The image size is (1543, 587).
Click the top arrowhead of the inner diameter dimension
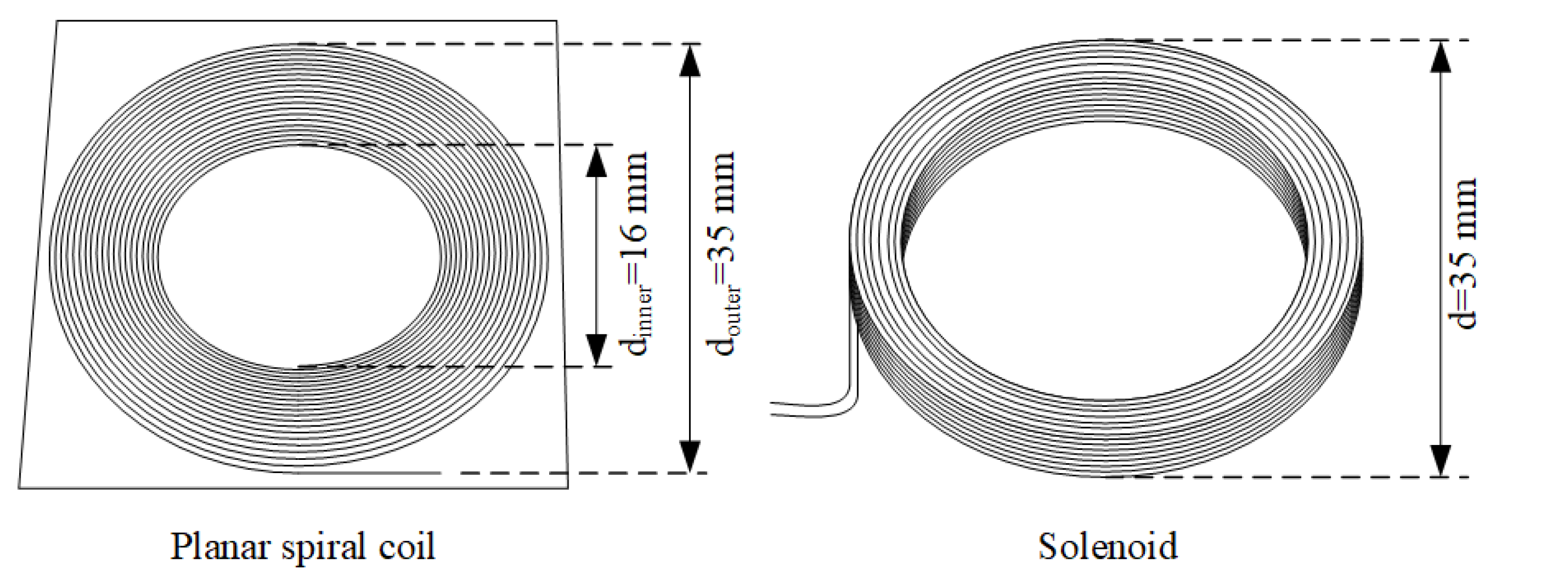(596, 161)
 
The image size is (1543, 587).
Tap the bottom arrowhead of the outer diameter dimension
(690, 457)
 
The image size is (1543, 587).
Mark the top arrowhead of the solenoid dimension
(1441, 57)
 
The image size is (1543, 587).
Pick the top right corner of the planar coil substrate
(557, 22)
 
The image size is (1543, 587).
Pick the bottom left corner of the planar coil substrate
(20, 487)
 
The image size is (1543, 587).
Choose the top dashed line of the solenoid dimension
(1288, 40)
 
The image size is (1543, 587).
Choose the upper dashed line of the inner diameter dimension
(455, 144)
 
